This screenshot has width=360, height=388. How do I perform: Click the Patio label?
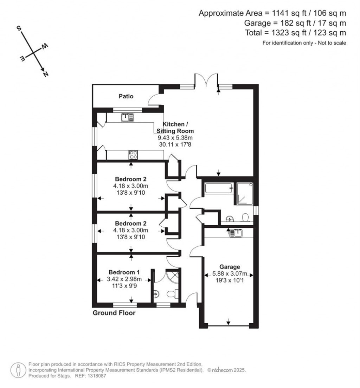[x=126, y=96]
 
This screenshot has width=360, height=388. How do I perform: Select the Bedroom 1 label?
[x=124, y=272]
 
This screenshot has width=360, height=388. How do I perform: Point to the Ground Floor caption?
[x=114, y=313]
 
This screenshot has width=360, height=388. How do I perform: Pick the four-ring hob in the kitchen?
[x=133, y=155]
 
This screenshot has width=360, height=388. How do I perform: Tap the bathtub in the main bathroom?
[x=218, y=189]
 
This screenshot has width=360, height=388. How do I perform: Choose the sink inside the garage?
[x=236, y=233]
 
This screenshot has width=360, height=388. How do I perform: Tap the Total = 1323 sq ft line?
[x=295, y=33]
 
